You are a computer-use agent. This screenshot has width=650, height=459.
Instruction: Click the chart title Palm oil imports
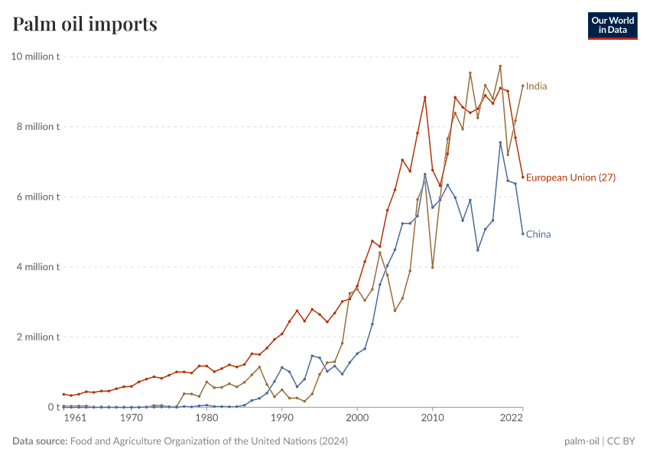(85, 24)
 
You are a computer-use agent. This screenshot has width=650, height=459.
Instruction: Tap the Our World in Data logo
(613, 25)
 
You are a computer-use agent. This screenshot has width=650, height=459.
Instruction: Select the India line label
(536, 86)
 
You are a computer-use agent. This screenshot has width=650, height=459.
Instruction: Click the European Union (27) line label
(570, 177)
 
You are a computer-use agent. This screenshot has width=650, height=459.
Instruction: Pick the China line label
(538, 235)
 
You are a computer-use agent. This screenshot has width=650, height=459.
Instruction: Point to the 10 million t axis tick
(35, 57)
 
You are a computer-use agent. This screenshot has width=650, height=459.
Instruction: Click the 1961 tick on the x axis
(74, 418)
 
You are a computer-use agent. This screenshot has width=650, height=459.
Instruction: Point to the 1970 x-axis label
(132, 418)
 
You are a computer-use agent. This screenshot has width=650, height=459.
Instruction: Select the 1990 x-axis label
(281, 418)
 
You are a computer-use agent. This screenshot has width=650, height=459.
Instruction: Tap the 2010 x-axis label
(432, 418)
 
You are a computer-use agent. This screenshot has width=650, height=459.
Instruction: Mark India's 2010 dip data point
(433, 267)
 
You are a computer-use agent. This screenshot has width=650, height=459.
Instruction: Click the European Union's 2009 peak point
(425, 97)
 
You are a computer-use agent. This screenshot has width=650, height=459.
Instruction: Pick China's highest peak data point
(500, 142)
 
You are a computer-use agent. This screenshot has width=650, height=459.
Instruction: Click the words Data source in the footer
(39, 441)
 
